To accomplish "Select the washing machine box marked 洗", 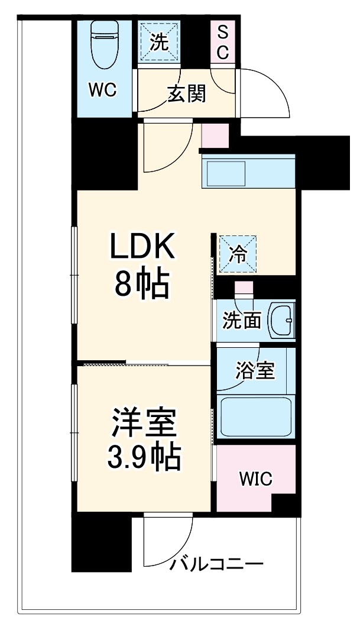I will pyautogui.click(x=158, y=41).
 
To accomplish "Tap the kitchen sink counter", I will pyautogui.click(x=248, y=172).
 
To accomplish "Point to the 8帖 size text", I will pyautogui.click(x=141, y=286).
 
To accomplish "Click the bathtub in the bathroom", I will pyautogui.click(x=255, y=416).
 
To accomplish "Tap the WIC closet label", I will pyautogui.click(x=255, y=479).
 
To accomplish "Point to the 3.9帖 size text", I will pyautogui.click(x=142, y=457).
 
